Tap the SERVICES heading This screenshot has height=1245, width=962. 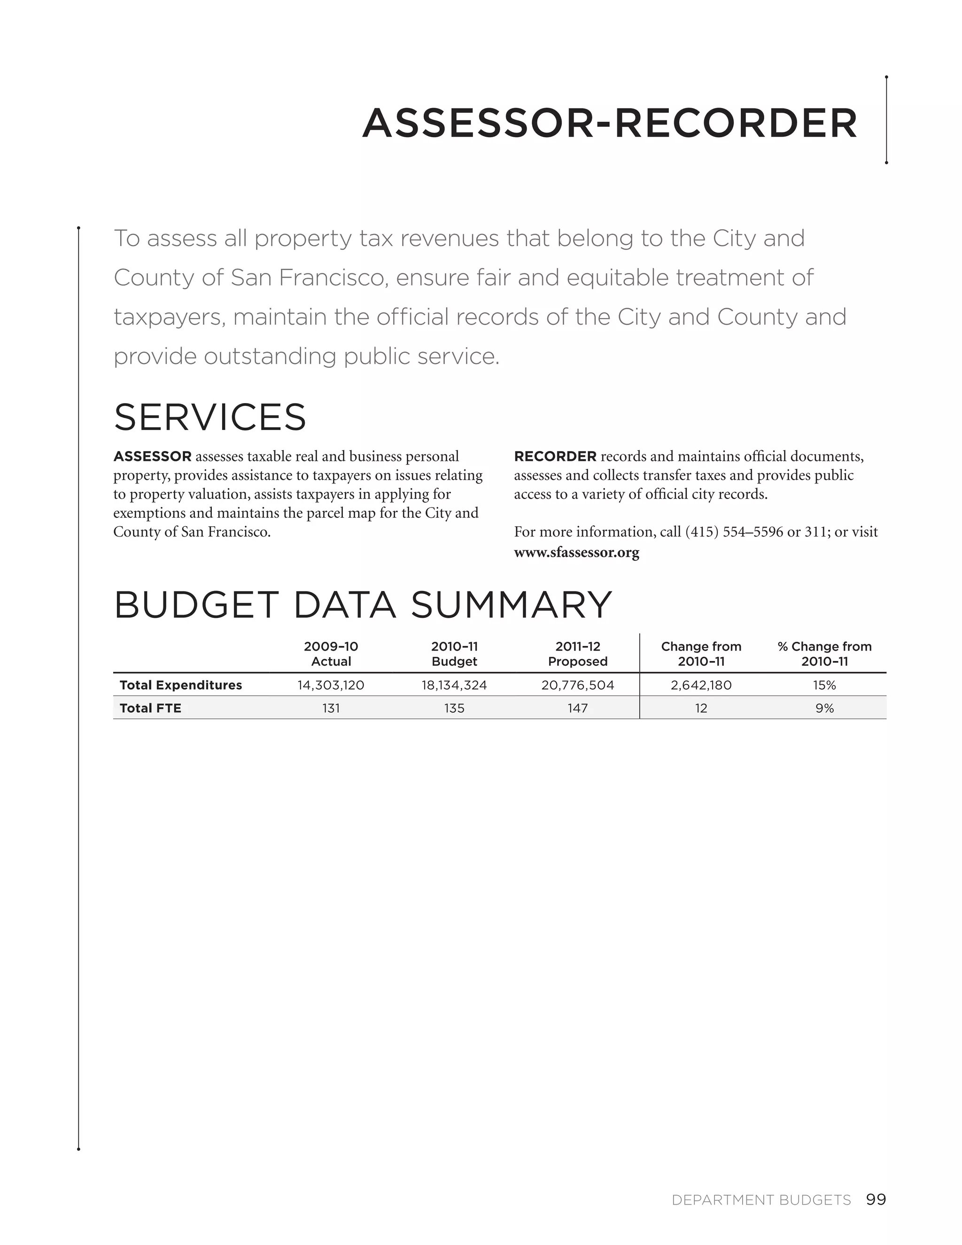click(x=209, y=417)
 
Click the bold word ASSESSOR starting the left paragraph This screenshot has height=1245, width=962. click(x=152, y=457)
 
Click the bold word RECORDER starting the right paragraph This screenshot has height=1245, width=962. click(x=555, y=457)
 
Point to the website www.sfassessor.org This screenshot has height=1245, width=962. click(x=576, y=552)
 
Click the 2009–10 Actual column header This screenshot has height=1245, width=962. click(x=331, y=654)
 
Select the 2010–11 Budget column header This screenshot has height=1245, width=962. click(x=454, y=654)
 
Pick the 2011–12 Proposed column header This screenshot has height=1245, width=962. click(x=577, y=654)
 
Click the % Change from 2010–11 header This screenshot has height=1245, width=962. click(x=824, y=654)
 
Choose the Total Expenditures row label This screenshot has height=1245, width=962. click(x=181, y=685)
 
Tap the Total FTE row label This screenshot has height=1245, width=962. click(x=150, y=708)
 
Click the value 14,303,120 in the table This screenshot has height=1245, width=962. click(x=331, y=685)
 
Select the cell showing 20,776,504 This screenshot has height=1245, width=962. click(x=577, y=685)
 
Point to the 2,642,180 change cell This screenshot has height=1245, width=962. click(x=701, y=685)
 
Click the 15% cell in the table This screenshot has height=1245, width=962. click(x=824, y=685)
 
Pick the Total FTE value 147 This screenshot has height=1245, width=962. click(x=577, y=708)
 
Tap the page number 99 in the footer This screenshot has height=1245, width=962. click(x=876, y=1200)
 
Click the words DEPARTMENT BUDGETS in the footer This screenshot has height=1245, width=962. click(x=761, y=1200)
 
